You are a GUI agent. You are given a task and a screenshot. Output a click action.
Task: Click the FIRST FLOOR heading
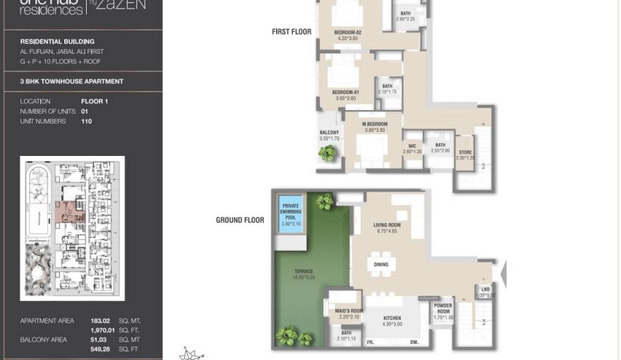tap(291, 32)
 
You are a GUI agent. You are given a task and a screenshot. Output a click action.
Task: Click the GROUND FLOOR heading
tap(240, 220)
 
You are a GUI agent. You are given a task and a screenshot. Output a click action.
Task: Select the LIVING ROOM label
tap(387, 225)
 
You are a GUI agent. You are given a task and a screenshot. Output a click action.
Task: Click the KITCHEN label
tap(392, 318)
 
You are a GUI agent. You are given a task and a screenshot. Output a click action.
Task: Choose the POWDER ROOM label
tap(442, 308)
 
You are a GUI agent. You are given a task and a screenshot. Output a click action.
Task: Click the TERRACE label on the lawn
tap(304, 271)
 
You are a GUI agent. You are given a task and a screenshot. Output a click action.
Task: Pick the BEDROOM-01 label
tap(346, 92)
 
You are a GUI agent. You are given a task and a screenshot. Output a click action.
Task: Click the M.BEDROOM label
tap(373, 124)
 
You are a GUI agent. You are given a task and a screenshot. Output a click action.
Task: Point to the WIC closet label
tap(411, 147)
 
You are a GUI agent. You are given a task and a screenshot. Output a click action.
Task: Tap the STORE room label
tap(464, 152)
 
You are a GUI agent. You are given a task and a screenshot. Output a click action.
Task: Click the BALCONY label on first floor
tap(329, 133)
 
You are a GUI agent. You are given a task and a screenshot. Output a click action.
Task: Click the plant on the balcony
tap(327, 153)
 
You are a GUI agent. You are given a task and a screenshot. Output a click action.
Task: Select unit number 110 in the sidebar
tap(87, 121)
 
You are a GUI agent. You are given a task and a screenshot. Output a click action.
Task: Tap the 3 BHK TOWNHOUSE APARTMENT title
tap(72, 81)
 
